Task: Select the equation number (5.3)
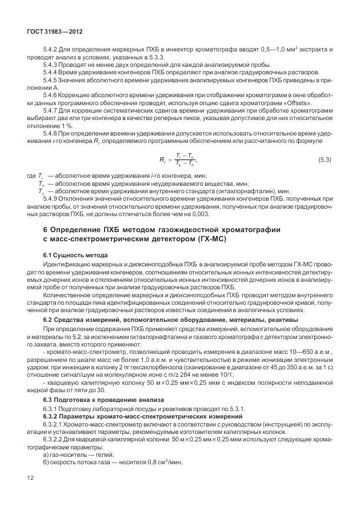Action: tap(324, 160)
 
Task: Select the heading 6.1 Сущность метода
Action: tap(75, 254)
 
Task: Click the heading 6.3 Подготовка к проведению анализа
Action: tap(103, 399)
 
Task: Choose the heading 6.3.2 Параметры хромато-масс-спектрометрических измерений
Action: tap(143, 416)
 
